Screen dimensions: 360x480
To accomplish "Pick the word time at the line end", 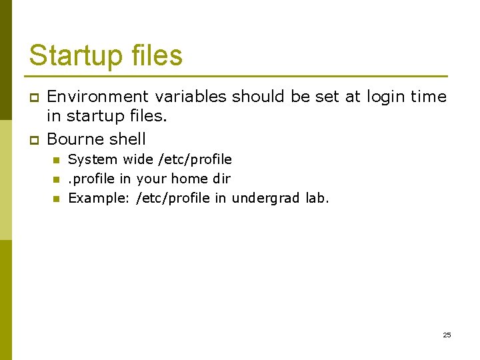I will pos(429,97).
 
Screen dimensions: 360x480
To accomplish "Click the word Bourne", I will pos(75,139).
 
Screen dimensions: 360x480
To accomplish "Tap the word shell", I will pos(127,139).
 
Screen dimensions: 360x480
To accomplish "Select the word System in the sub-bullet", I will pos(93,160).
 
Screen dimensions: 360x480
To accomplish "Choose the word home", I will pos(189,179).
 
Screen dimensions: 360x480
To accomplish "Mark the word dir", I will pos(221,179).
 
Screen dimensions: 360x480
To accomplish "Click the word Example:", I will pos(99,198).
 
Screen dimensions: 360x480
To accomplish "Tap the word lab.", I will pos(317,198).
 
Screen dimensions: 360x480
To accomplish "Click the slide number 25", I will pos(447,335).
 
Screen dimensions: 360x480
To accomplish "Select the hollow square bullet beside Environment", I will pos(32,97).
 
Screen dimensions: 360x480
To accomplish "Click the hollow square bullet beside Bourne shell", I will pos(32,140).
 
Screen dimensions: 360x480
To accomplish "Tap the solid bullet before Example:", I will pos(56,199).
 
